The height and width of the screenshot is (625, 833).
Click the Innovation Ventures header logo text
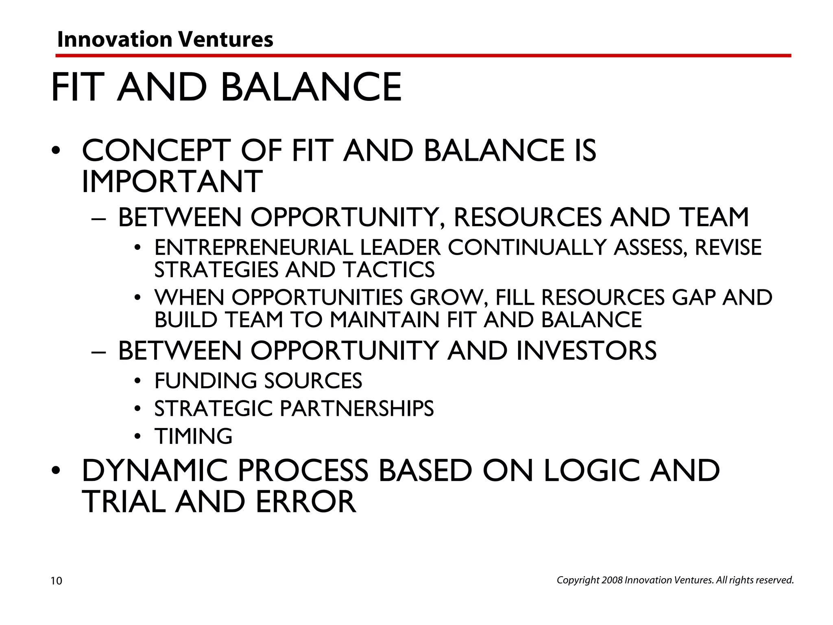tap(165, 39)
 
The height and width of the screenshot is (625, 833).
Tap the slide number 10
tap(57, 581)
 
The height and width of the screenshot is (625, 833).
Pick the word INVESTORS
tap(586, 350)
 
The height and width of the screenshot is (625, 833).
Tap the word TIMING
tap(194, 436)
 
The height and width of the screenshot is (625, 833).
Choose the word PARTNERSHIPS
tap(357, 409)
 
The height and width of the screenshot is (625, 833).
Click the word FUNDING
tap(205, 381)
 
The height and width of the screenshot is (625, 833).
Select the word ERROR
tap(306, 502)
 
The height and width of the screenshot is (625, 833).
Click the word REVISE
tap(728, 248)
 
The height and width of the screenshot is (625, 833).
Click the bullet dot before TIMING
tap(138, 437)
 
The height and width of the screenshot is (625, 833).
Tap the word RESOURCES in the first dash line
tap(527, 217)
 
